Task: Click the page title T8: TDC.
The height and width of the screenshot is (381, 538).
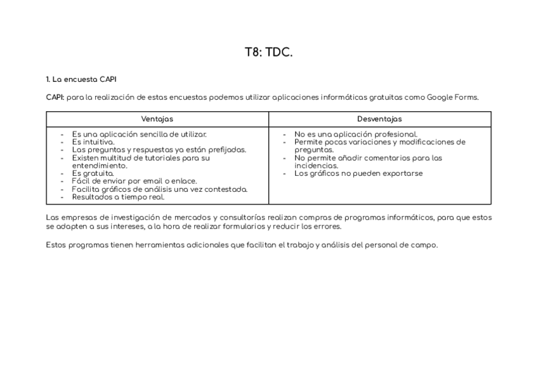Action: click(x=268, y=53)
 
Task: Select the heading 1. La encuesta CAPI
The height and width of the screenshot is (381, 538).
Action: click(x=81, y=79)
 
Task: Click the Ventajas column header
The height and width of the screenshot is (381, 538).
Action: click(x=157, y=119)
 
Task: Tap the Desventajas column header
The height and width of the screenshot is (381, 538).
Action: click(x=379, y=119)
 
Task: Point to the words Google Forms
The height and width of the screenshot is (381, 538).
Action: click(x=452, y=97)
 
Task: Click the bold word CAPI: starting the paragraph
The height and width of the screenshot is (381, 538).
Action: click(x=55, y=97)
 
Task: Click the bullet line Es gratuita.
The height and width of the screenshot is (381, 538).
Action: click(x=93, y=173)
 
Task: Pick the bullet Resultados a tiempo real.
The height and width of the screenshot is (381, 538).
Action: click(x=118, y=197)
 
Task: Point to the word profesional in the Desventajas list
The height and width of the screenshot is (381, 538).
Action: click(x=395, y=135)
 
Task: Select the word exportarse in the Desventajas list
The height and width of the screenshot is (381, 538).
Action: click(x=402, y=173)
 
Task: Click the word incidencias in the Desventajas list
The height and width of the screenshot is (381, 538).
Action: click(x=315, y=166)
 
